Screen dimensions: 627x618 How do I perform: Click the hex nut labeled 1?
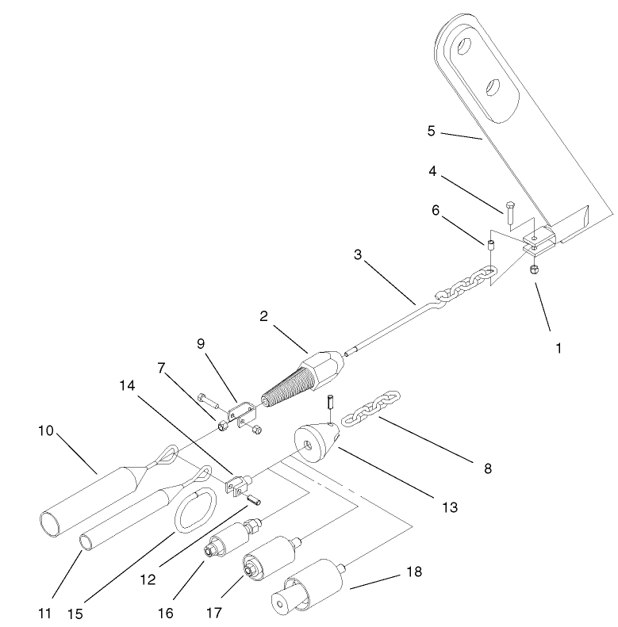tap(535, 272)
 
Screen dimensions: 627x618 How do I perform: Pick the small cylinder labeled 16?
tap(226, 544)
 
